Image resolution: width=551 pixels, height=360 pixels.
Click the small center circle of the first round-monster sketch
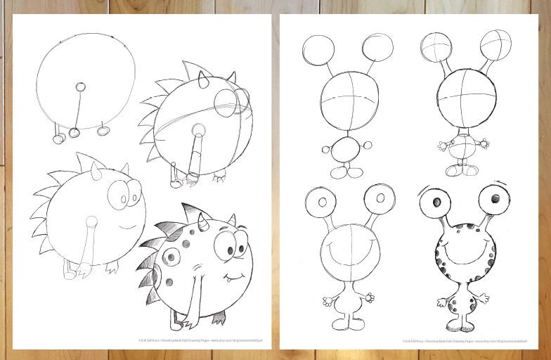(80, 87)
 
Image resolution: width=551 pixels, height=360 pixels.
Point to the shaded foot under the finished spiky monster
(220, 318)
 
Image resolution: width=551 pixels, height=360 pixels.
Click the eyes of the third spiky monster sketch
(127, 193)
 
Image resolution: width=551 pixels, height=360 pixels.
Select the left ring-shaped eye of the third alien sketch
(321, 202)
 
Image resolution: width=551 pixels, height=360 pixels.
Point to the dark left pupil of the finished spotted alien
(436, 202)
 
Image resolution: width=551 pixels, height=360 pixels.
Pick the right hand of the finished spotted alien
(484, 300)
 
